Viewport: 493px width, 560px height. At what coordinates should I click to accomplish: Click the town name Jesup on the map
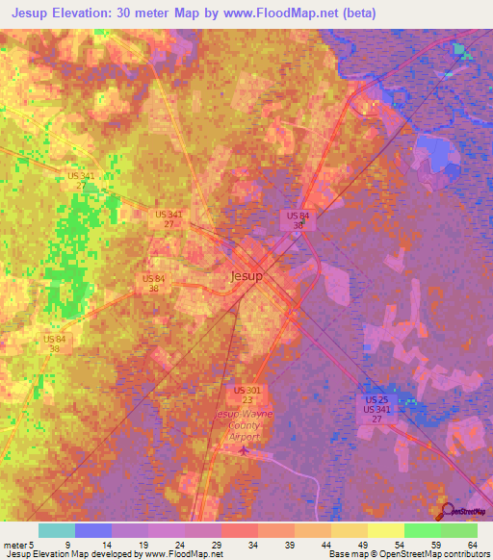(247, 275)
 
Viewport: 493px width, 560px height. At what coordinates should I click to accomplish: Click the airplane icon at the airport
(245, 448)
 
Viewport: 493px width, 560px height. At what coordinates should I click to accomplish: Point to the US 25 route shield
(376, 399)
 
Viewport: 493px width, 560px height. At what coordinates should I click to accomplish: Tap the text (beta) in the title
(352, 13)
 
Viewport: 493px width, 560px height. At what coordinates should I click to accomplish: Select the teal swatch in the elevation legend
(56, 530)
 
